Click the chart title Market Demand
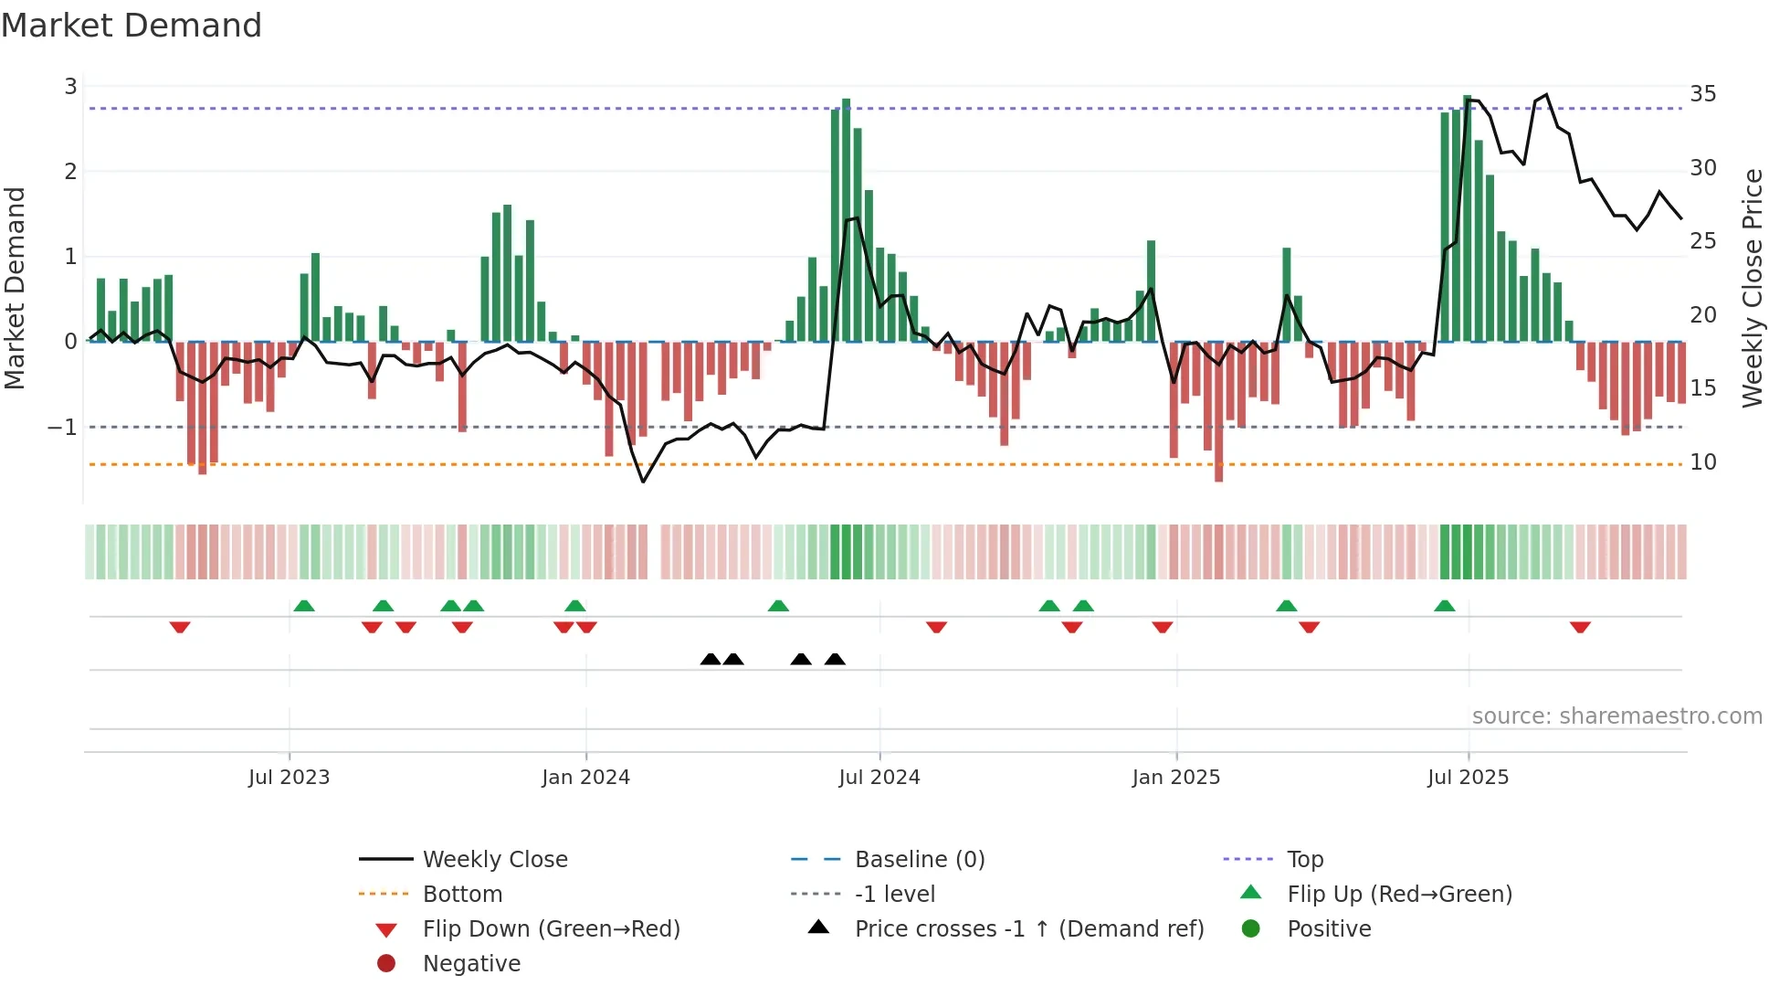point(132,26)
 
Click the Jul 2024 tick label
point(879,778)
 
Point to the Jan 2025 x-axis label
point(1175,778)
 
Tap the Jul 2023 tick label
point(289,778)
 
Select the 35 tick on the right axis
point(1702,94)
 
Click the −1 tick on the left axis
point(62,428)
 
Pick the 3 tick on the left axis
point(70,87)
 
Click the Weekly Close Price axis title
point(1752,288)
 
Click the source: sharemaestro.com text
point(1616,716)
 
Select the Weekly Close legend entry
point(494,860)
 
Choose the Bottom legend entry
point(462,895)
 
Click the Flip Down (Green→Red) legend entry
point(551,929)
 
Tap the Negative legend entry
point(471,964)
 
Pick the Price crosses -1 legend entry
point(1028,929)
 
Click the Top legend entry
point(1304,860)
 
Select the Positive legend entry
point(1329,929)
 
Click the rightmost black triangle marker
point(835,660)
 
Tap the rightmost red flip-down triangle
point(1580,627)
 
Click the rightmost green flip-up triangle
point(1444,606)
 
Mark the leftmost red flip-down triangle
point(180,627)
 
